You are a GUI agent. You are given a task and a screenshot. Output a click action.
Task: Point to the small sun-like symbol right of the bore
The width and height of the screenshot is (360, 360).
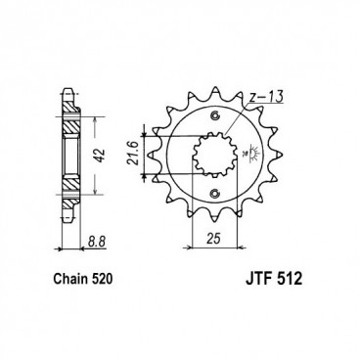255,153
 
